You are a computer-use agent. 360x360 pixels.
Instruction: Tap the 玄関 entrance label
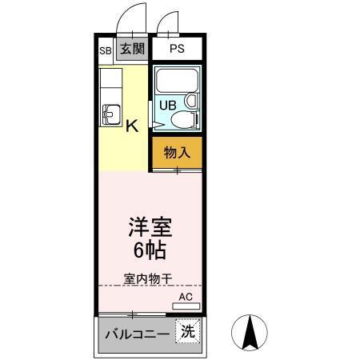[x=132, y=49]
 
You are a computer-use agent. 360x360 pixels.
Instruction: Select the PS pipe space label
[x=177, y=49]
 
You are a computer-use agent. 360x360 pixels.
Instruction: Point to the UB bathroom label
[x=168, y=105]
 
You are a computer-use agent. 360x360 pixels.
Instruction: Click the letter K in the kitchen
[x=132, y=125]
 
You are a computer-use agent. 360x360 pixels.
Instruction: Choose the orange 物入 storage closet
[x=177, y=152]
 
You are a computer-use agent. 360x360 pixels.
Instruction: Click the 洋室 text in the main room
[x=150, y=226]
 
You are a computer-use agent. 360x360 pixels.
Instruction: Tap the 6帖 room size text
[x=150, y=250]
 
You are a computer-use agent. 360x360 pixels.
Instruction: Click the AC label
[x=186, y=297]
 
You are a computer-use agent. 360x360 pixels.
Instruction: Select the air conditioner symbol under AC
[x=186, y=306]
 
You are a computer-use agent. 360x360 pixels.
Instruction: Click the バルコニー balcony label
[x=135, y=334]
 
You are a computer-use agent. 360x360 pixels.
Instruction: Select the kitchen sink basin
[x=110, y=115]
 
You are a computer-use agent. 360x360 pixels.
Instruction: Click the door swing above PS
[x=168, y=26]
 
